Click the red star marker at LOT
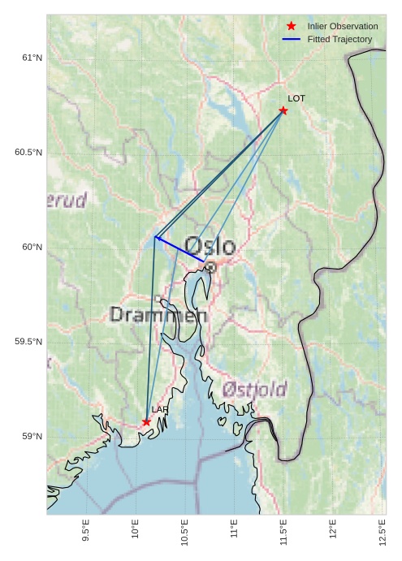click(x=283, y=110)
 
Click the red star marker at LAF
click(x=146, y=422)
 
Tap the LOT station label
click(x=296, y=98)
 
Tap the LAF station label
click(x=159, y=410)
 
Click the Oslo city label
click(x=210, y=246)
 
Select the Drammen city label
click(x=158, y=315)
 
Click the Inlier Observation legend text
click(x=343, y=27)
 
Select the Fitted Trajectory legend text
click(x=339, y=39)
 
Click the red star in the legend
click(x=292, y=27)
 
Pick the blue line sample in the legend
click(x=292, y=39)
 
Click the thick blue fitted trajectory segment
click(x=179, y=248)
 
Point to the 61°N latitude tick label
click(x=32, y=58)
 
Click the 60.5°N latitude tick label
click(x=28, y=153)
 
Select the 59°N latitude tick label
click(x=32, y=437)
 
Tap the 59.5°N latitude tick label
click(x=28, y=342)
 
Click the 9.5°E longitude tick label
click(x=86, y=531)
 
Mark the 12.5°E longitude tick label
click(x=383, y=531)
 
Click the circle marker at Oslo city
click(x=210, y=266)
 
